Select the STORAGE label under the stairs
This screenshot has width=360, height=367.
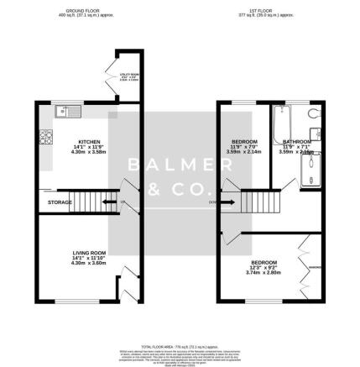[59, 202]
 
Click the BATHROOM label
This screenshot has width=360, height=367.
[297, 142]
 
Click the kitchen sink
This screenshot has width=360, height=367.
[65, 111]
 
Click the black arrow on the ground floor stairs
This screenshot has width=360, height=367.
[107, 202]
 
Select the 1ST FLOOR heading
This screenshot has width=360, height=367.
[267, 11]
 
